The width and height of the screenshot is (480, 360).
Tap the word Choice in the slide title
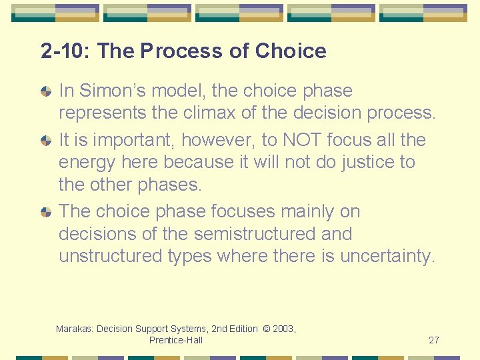(x=291, y=51)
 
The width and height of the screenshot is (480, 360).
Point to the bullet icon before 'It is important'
(x=45, y=141)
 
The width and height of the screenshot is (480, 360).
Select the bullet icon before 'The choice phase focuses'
(x=45, y=213)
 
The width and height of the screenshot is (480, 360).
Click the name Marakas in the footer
(x=75, y=329)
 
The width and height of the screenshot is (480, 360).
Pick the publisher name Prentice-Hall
(x=176, y=340)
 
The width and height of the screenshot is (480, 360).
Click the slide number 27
(x=433, y=340)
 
